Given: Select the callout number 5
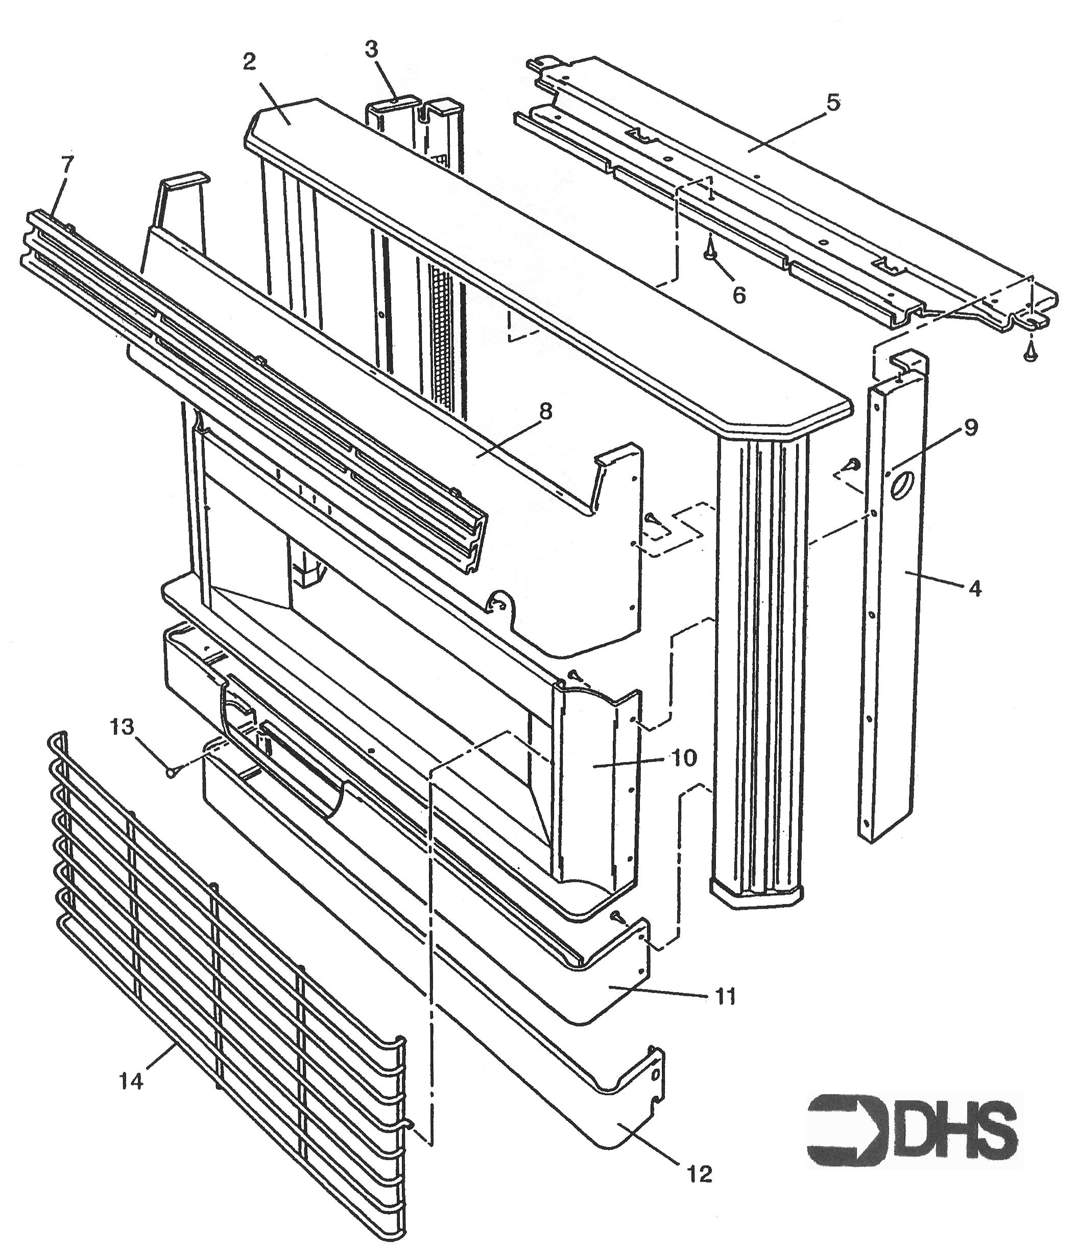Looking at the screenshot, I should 833,103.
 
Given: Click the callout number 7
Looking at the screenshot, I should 66,164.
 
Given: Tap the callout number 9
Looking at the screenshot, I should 970,428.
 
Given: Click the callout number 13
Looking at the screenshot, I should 122,727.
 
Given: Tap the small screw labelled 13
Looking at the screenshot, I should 171,772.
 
